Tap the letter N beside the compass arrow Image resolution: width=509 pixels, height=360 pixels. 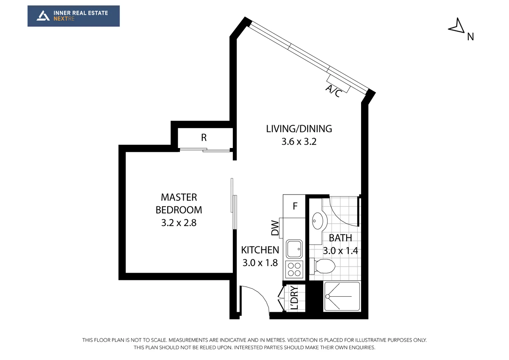[470, 37]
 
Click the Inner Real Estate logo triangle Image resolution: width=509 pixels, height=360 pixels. [43, 16]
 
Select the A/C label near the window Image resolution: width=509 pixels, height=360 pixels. [333, 91]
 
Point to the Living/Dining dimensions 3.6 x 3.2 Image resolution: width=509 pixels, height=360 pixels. [299, 142]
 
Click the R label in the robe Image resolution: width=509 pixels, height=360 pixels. [204, 138]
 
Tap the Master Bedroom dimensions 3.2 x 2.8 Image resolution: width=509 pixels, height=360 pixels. [179, 223]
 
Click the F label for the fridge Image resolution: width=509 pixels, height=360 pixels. [295, 206]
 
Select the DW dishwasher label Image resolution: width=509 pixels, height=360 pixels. [275, 228]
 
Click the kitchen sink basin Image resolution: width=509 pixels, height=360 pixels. [294, 249]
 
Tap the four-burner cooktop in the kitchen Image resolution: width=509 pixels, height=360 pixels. [294, 269]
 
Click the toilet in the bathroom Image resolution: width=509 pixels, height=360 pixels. [322, 266]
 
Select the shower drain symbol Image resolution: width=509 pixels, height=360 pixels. [327, 297]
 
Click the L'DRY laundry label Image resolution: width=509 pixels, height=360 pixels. [294, 298]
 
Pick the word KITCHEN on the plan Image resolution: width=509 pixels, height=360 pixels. [260, 250]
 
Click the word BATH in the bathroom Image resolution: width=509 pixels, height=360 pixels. [340, 238]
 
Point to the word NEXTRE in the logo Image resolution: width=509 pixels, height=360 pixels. [64, 19]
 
